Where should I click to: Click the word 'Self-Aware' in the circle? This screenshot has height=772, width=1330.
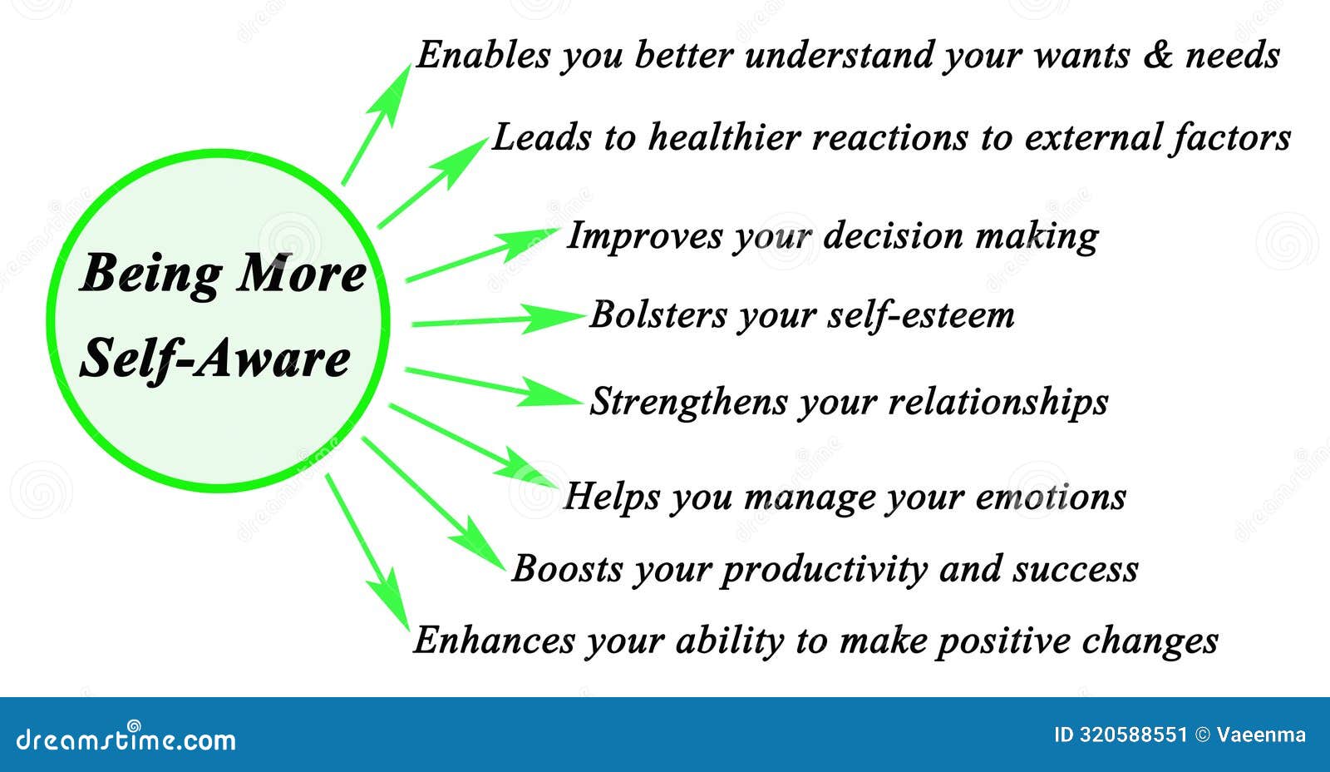click(214, 359)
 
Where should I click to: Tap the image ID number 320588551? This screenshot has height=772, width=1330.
click(1132, 735)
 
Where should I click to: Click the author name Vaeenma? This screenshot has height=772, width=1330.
click(1261, 735)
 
